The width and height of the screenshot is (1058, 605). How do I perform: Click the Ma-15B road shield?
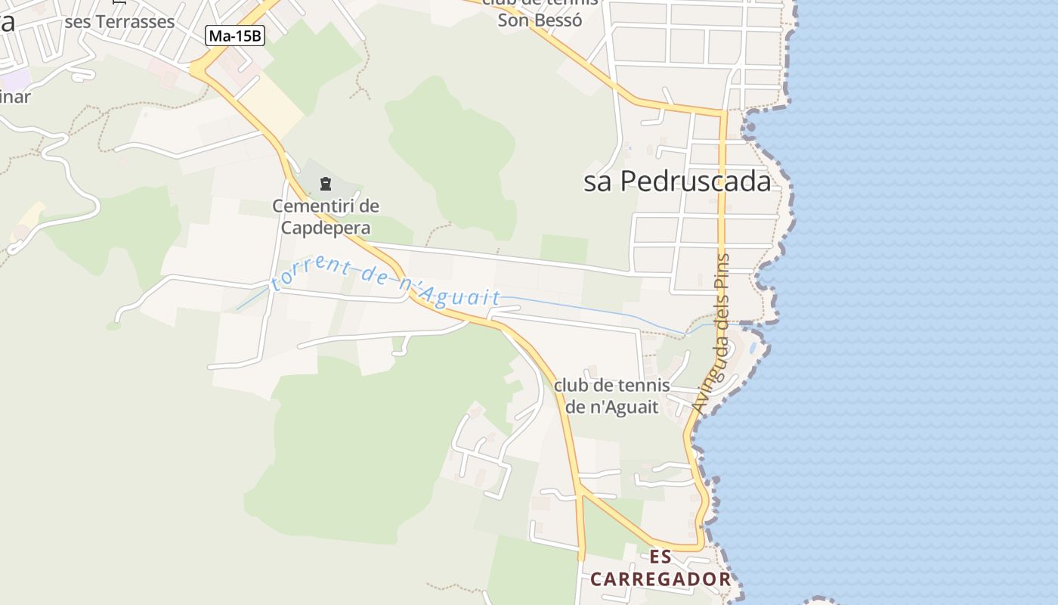click(235, 35)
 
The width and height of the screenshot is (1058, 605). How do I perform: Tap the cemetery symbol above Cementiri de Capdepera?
click(326, 183)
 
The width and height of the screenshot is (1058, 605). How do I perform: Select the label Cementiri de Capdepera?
click(326, 216)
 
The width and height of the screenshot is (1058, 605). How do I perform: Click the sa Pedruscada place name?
click(677, 181)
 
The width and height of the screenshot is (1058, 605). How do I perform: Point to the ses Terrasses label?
click(119, 21)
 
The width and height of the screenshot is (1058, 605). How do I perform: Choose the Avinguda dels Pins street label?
click(713, 333)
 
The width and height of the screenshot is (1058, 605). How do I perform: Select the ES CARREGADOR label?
click(660, 569)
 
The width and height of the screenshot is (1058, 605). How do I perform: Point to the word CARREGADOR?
click(660, 579)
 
